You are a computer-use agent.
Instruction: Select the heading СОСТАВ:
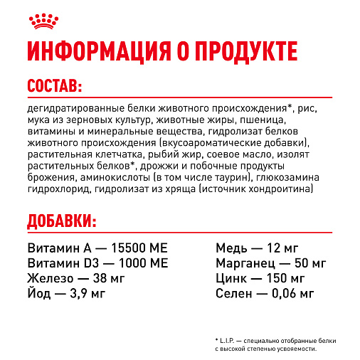pos(54,87)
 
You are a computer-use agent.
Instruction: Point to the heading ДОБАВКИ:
pos(61,221)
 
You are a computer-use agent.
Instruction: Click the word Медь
pos(231,248)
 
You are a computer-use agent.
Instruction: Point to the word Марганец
pos(245,263)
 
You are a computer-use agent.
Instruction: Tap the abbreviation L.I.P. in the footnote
pos(229,341)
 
